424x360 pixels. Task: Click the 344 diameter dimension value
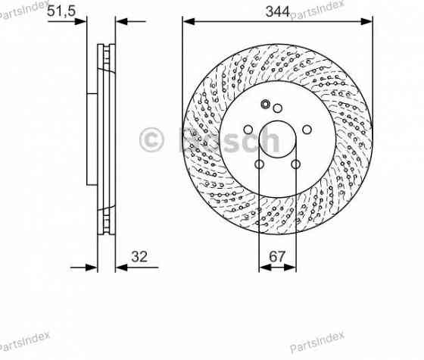[278, 11]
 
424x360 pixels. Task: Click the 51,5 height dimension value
[61, 11]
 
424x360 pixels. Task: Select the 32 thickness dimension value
[139, 256]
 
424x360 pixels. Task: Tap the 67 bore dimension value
[277, 256]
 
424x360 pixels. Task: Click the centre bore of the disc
[277, 139]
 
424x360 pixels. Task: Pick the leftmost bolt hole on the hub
[248, 130]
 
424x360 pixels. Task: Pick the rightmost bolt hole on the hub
[307, 130]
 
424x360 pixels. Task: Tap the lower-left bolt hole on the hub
[259, 164]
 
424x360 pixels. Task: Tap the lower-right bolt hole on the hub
[295, 164]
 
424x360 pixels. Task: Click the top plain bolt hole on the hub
[277, 108]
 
